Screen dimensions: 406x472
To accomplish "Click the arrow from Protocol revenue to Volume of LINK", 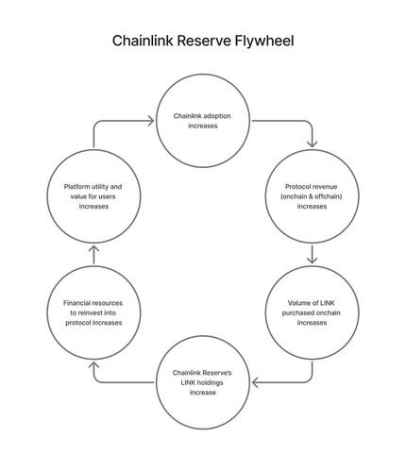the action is click(312, 254).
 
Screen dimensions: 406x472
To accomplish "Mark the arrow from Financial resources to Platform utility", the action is click(93, 255).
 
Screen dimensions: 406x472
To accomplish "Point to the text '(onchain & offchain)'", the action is click(312, 196).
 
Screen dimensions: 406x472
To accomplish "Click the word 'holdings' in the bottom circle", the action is click(211, 383).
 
